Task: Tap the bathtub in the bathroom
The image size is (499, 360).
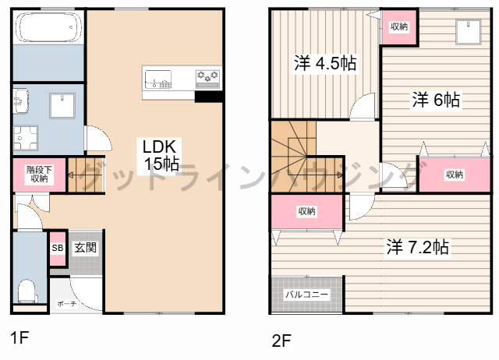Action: pyautogui.click(x=48, y=27)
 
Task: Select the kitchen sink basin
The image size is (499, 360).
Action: pyautogui.click(x=158, y=79)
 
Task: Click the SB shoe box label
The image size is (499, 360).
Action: pyautogui.click(x=58, y=248)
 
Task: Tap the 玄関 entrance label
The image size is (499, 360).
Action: pyautogui.click(x=85, y=248)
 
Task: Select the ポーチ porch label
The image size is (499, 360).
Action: pyautogui.click(x=67, y=304)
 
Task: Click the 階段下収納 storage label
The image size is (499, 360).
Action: pyautogui.click(x=40, y=175)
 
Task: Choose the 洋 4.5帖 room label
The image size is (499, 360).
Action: pyautogui.click(x=325, y=63)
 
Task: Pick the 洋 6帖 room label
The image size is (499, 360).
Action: pyautogui.click(x=436, y=100)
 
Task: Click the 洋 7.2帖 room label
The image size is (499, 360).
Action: pyautogui.click(x=417, y=247)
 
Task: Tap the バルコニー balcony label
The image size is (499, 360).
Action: pyautogui.click(x=306, y=295)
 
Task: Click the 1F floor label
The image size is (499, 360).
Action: pyautogui.click(x=19, y=337)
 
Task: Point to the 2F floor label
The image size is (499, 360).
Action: pyautogui.click(x=281, y=341)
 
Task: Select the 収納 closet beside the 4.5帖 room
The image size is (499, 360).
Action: pyautogui.click(x=399, y=26)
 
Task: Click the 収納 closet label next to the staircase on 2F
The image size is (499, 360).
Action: pyautogui.click(x=306, y=211)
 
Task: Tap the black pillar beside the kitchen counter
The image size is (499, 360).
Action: pyautogui.click(x=208, y=97)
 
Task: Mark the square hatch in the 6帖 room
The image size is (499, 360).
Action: pyautogui.click(x=468, y=32)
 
